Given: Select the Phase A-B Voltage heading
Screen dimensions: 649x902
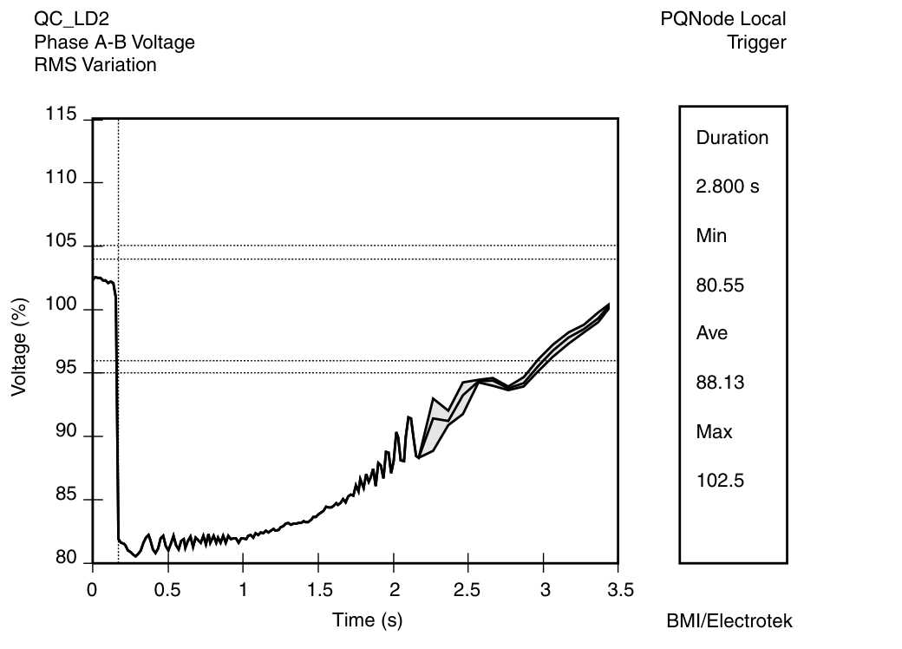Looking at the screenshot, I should pos(114,42).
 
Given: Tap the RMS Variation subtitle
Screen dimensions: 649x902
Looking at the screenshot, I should pos(95,64).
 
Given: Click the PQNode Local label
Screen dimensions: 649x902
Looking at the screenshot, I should pos(722,19).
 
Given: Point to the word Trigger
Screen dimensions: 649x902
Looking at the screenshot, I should pos(756,43).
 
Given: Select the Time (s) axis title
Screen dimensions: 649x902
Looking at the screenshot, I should pos(368,619).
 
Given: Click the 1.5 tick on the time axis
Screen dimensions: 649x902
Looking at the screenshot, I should pos(318,591).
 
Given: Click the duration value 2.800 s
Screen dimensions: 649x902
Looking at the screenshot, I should pos(728,187).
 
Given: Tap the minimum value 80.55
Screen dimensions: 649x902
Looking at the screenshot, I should pos(720,285).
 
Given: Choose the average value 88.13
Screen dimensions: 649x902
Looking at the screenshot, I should pos(720,383).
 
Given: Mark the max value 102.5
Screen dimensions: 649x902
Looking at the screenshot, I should pos(720,481).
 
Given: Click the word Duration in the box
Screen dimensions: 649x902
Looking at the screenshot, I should pos(732,138).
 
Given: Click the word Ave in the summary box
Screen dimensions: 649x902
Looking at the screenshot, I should pos(712,333).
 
